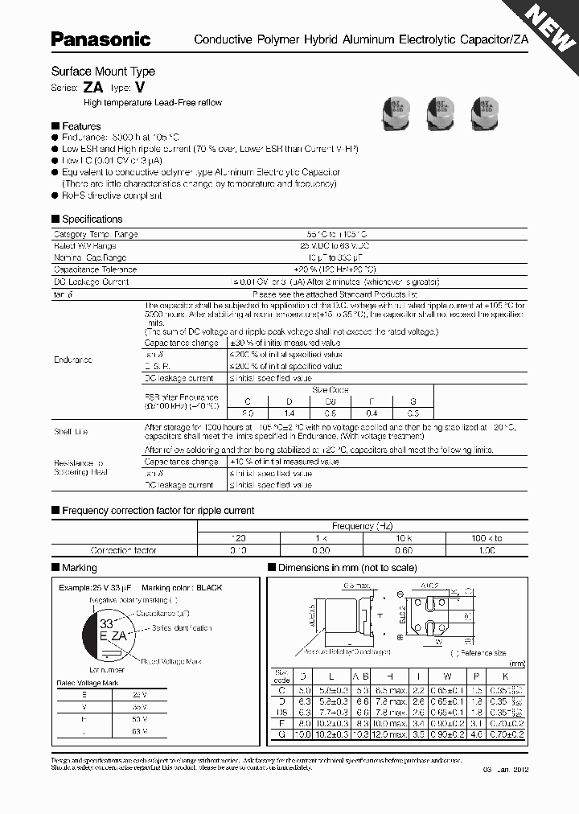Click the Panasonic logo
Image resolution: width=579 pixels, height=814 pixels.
101,39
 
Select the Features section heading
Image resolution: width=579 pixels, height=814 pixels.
81,126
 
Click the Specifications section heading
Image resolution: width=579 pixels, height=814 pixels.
92,219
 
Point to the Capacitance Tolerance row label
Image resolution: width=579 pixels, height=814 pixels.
95,269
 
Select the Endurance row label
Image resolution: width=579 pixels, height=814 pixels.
73,360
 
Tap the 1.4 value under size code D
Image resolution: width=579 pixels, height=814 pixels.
291,413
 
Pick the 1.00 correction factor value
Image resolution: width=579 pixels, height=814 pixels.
487,550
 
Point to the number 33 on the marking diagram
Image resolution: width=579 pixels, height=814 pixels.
106,623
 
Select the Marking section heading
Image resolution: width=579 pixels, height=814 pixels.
79,568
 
